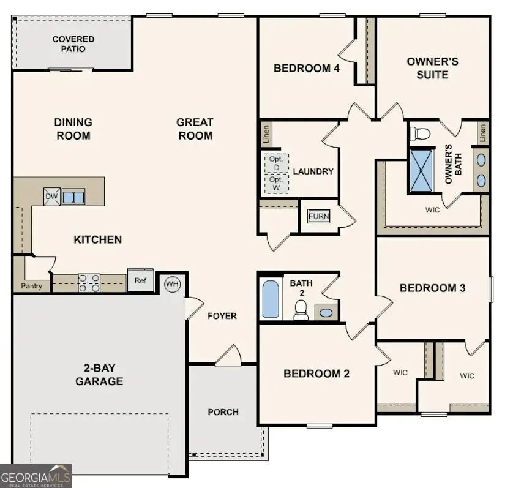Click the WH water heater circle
point(173,285)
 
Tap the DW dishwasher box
point(52,197)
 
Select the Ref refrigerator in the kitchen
point(141,280)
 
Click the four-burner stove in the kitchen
point(89,282)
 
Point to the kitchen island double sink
point(73,197)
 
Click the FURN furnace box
point(318,216)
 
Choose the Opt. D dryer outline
point(276,163)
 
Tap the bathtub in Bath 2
point(271,299)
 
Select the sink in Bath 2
point(327,312)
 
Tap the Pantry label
point(32,286)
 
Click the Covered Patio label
point(73,44)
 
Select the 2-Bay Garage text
point(99,375)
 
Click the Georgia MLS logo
point(36,475)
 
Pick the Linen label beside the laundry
point(266,133)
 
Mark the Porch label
point(223,411)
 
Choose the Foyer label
point(222,316)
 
